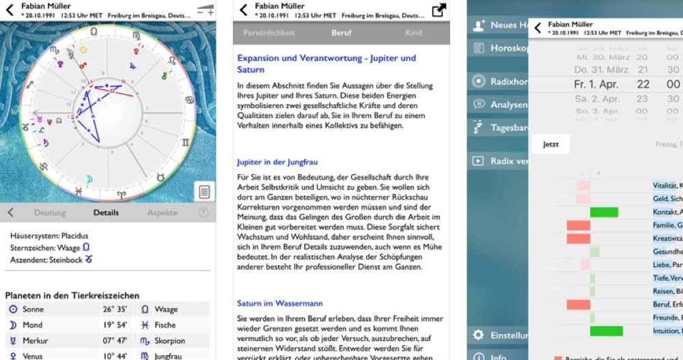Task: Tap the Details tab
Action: point(106,212)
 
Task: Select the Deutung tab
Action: point(50,212)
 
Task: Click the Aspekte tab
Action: point(162,212)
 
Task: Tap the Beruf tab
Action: point(341,32)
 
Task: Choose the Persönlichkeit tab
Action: point(269,32)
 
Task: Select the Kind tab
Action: point(413,32)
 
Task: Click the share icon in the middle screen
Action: point(438,10)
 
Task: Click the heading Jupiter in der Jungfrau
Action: point(277,162)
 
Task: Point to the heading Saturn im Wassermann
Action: point(279,303)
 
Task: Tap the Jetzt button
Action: point(550,144)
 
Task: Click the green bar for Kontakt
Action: point(604,212)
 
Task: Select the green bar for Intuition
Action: point(606,331)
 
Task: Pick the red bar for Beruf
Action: point(578,304)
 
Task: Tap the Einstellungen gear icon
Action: point(478,335)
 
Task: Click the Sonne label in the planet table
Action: point(33,309)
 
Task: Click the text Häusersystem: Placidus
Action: point(49,235)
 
